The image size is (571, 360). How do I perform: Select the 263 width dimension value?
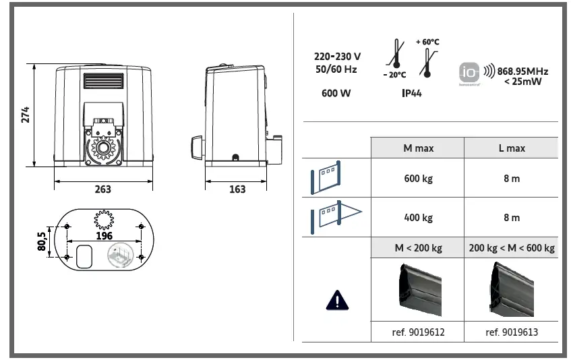tap(102, 189)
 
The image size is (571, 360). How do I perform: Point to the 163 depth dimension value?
tap(237, 189)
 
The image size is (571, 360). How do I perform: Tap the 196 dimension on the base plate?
tap(104, 235)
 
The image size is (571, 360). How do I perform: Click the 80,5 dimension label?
tap(42, 241)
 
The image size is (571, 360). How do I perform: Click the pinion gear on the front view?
tap(103, 146)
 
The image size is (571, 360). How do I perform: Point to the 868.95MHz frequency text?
tap(523, 71)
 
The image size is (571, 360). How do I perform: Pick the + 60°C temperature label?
tap(427, 42)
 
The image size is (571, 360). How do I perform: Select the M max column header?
tap(418, 148)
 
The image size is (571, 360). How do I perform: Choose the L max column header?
tap(512, 148)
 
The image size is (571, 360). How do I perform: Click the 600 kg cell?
tap(418, 179)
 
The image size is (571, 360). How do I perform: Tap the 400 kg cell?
tap(418, 218)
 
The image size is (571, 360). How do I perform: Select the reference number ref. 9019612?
tap(418, 332)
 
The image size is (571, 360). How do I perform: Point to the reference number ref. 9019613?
tap(512, 332)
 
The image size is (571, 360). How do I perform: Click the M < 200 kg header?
tap(418, 248)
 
